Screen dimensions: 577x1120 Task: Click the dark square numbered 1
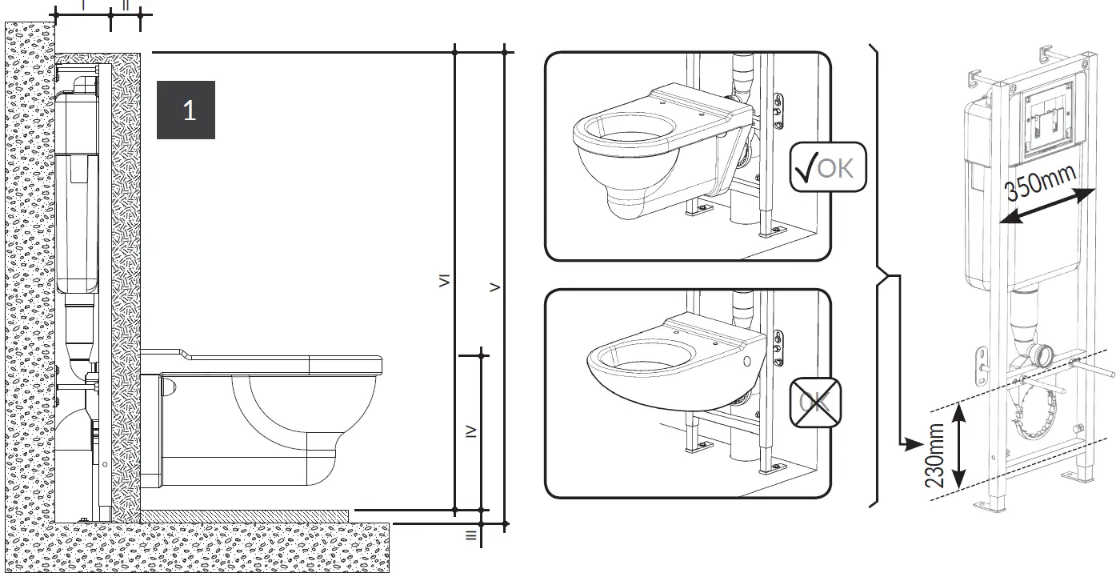(186, 110)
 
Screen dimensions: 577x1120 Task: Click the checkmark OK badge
(828, 167)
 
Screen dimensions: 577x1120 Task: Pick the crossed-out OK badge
(814, 403)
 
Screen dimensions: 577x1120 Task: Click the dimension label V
(495, 286)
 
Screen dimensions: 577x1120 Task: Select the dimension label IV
(472, 431)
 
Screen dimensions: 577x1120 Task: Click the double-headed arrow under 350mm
(1047, 206)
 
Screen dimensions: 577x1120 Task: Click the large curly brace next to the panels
(877, 276)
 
